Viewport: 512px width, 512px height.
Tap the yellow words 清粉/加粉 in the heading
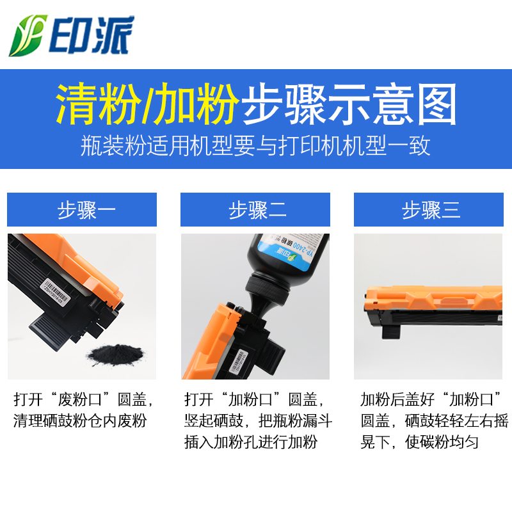[x=147, y=103]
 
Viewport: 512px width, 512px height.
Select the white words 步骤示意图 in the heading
[x=348, y=103]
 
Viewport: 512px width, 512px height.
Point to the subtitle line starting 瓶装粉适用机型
[x=256, y=146]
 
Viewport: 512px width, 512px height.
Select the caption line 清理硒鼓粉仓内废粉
[x=80, y=421]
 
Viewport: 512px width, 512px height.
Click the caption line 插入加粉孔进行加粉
[x=250, y=442]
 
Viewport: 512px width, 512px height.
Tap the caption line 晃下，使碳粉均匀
[x=419, y=442]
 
